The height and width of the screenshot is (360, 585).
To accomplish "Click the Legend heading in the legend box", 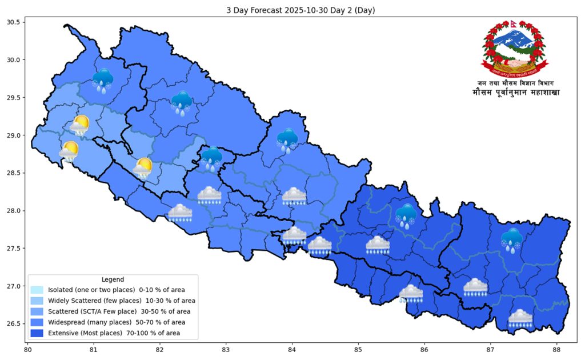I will tap(113, 279).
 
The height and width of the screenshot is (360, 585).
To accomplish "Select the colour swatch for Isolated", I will tap(37, 290).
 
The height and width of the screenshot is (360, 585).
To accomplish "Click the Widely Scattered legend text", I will tap(121, 301).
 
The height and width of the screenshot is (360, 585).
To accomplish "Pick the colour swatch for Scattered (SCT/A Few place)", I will tap(37, 311).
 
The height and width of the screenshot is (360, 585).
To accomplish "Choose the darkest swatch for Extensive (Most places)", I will tap(37, 333).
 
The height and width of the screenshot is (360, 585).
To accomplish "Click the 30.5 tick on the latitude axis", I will tap(13, 22).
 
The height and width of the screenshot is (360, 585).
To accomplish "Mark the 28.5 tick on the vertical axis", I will tap(13, 173).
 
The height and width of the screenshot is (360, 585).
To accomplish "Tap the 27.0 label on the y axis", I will tap(13, 286).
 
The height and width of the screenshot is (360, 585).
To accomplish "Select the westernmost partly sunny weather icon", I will tap(69, 151).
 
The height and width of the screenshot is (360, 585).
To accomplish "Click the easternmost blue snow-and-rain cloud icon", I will tap(511, 240).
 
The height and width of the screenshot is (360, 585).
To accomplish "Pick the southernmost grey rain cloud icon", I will tap(520, 319).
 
